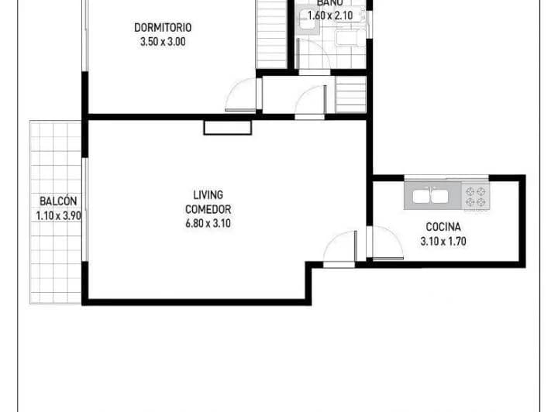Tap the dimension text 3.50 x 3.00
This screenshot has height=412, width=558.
click(x=162, y=43)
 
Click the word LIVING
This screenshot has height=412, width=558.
click(x=208, y=194)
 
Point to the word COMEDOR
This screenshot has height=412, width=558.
click(x=208, y=209)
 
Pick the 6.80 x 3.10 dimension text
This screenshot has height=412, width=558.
click(x=208, y=224)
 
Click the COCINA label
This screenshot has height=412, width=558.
click(x=443, y=227)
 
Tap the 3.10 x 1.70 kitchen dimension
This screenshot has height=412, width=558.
click(x=443, y=241)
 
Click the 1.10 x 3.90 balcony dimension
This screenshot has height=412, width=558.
click(x=58, y=216)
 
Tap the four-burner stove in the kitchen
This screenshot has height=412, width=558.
click(x=475, y=197)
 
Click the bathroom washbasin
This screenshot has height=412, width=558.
click(x=308, y=23)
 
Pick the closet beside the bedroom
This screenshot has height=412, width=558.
click(x=271, y=35)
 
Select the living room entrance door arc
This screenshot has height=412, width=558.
click(x=339, y=248)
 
